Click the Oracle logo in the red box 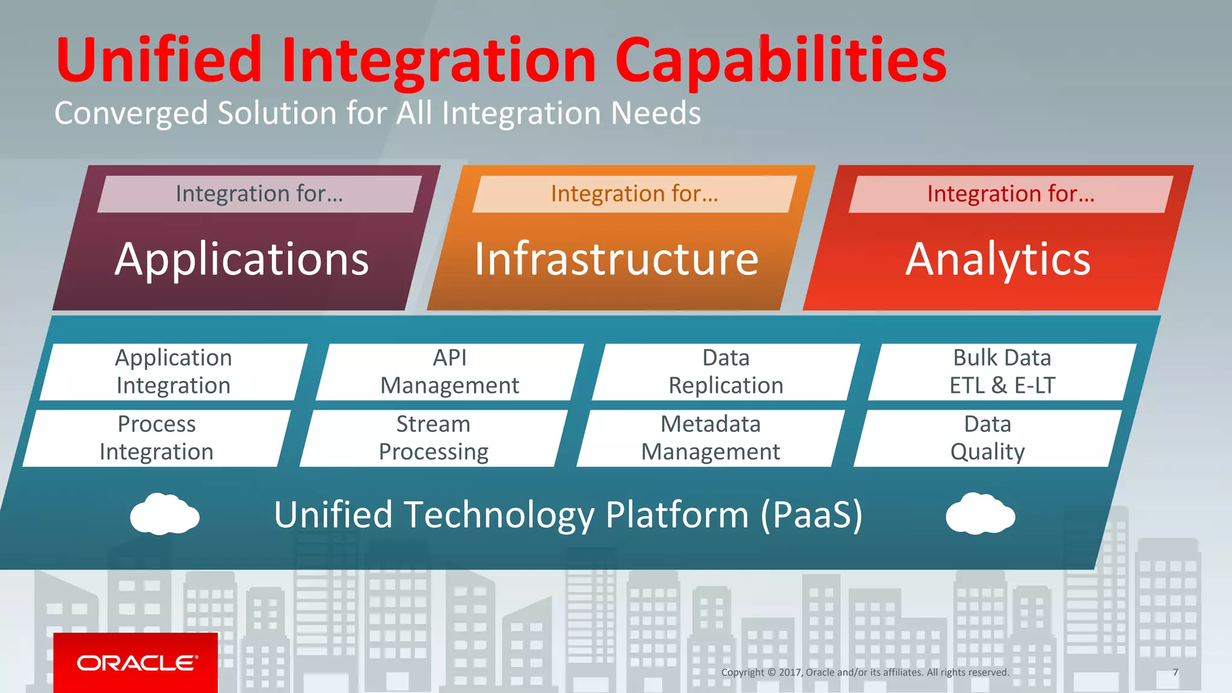click(136, 663)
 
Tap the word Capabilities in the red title click(780, 60)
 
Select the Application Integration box click(173, 372)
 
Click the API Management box click(449, 372)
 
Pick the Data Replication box click(725, 372)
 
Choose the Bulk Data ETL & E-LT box click(1002, 372)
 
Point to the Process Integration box click(156, 438)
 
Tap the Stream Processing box click(433, 438)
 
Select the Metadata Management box click(710, 438)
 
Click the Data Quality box click(987, 438)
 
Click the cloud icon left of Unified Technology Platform click(164, 514)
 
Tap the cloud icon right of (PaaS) click(980, 514)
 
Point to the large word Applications click(242, 259)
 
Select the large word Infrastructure click(616, 259)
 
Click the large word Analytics click(998, 259)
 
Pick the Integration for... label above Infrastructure click(635, 194)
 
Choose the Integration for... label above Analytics click(1011, 194)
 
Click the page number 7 click(1175, 673)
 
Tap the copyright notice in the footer click(865, 673)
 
